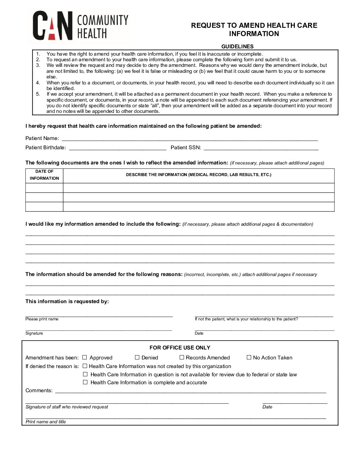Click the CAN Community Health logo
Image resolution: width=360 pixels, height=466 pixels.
tap(80, 26)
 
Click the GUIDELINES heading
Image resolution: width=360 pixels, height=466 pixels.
tap(237, 46)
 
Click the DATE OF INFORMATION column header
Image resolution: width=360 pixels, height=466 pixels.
tap(44, 175)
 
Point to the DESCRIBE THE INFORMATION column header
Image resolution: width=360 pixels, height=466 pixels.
tap(199, 175)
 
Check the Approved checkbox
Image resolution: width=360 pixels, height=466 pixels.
tap(85, 357)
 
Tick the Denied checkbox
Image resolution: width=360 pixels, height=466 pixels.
tap(137, 357)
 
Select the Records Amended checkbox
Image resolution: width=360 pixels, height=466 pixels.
tap(182, 357)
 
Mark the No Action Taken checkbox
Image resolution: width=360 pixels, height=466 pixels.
tap(249, 357)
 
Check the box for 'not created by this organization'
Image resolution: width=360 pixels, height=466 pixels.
tap(85, 366)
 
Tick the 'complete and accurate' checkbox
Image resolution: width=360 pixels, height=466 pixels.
tap(85, 382)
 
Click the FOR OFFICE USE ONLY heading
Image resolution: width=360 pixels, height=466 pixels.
tap(180, 348)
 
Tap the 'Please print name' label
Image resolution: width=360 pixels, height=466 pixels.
tap(42, 319)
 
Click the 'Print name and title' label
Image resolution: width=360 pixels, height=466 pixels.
tap(46, 422)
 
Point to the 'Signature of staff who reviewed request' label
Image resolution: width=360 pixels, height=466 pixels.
tap(67, 407)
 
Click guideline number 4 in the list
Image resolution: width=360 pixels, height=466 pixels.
tap(38, 83)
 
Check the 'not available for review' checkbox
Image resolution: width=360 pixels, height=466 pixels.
tap(85, 374)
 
